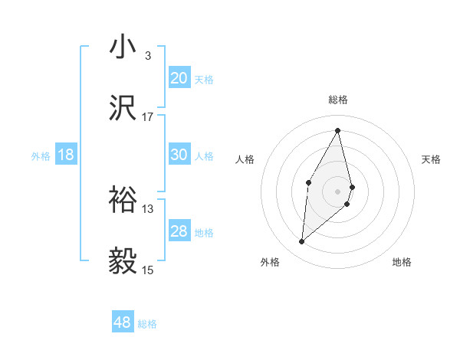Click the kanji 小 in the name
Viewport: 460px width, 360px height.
point(123,47)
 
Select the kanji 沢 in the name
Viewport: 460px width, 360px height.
point(123,109)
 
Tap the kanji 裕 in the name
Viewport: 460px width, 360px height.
point(123,201)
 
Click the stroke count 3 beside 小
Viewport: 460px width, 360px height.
point(147,55)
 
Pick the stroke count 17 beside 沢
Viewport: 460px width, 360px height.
point(148,116)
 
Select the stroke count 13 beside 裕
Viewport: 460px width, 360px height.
point(148,208)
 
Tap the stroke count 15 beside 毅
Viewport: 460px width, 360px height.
point(148,270)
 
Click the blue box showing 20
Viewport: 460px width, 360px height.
point(179,77)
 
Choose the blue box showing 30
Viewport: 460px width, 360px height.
point(179,155)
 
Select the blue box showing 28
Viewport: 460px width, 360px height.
point(179,231)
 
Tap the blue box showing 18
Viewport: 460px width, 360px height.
point(66,155)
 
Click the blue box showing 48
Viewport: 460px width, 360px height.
point(123,322)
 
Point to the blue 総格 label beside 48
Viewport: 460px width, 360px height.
point(147,324)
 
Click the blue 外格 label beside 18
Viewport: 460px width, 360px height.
point(41,156)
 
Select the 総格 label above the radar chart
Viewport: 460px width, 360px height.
point(338,100)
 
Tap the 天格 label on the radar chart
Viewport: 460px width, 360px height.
point(432,159)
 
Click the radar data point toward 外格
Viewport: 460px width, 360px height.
point(302,242)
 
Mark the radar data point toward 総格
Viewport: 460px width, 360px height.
point(338,130)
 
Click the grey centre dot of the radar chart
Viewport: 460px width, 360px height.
point(338,191)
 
